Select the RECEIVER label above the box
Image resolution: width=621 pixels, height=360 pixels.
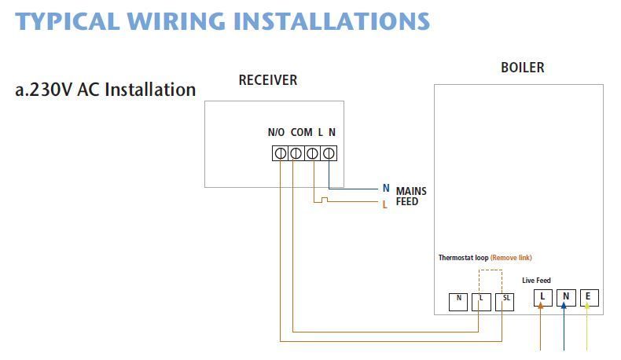(268, 80)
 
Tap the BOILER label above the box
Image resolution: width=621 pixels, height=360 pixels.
(522, 68)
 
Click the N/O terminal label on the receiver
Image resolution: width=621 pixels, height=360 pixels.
(276, 132)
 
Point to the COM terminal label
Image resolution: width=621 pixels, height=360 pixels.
(301, 132)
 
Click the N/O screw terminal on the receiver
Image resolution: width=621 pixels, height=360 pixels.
(280, 153)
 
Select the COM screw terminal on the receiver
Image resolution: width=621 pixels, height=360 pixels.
(296, 153)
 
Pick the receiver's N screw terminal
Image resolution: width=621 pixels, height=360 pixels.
(329, 153)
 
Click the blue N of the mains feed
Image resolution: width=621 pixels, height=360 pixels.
(386, 189)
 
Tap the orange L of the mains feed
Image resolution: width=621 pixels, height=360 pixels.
(385, 204)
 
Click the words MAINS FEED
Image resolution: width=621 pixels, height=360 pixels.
(410, 197)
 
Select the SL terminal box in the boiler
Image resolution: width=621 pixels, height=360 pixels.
(505, 299)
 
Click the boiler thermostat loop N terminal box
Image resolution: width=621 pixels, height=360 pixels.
(458, 299)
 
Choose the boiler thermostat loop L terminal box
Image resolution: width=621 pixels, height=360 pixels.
(481, 299)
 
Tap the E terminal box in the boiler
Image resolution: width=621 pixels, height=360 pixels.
(589, 297)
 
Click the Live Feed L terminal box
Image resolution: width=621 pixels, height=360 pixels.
(542, 297)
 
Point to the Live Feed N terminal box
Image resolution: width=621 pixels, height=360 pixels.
(565, 297)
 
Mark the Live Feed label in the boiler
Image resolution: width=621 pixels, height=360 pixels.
(536, 281)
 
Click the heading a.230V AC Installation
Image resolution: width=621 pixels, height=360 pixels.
(105, 90)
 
